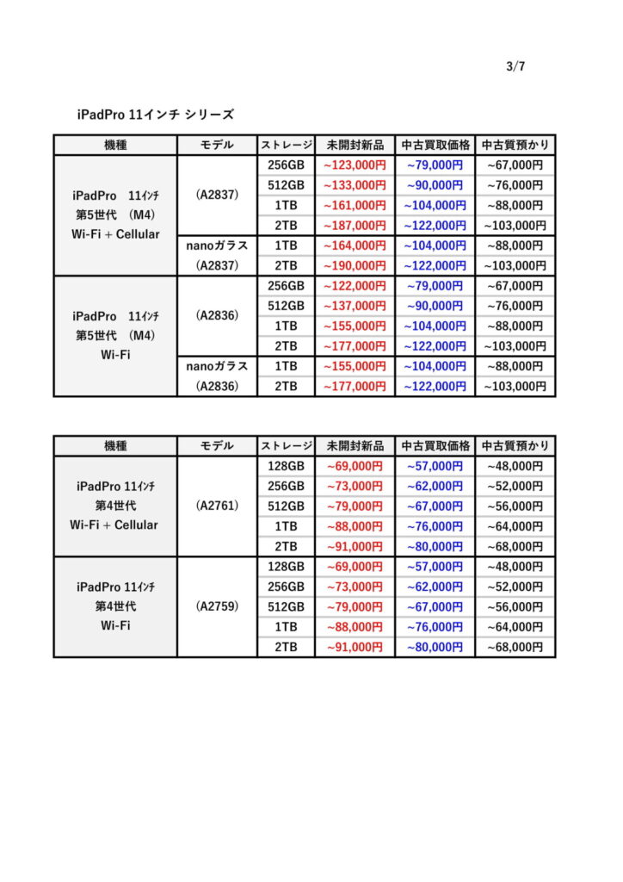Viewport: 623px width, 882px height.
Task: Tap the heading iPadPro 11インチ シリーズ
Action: click(155, 114)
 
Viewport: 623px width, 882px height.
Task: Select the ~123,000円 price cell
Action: click(355, 165)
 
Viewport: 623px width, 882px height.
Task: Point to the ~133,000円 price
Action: click(355, 185)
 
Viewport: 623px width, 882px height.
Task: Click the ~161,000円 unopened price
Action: click(355, 205)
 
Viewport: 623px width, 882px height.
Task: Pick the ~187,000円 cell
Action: click(355, 226)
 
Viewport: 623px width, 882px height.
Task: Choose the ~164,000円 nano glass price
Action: click(355, 245)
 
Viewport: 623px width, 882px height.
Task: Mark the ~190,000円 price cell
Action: click(355, 265)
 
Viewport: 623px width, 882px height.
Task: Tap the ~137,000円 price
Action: click(355, 306)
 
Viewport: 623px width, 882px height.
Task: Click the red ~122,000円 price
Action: click(355, 286)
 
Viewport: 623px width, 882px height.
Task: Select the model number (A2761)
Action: click(217, 506)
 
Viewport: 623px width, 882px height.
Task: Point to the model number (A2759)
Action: click(217, 606)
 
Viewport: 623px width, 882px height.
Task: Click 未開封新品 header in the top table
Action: click(355, 145)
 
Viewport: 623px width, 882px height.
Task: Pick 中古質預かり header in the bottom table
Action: click(515, 445)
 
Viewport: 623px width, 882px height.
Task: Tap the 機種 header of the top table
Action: click(115, 145)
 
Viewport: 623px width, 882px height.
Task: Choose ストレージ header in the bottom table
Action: click(286, 445)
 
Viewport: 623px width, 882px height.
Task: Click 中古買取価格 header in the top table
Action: click(435, 145)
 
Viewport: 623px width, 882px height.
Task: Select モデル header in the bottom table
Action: click(217, 445)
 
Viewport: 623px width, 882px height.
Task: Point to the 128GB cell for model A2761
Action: click(286, 466)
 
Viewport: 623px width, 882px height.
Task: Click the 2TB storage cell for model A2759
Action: click(286, 647)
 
